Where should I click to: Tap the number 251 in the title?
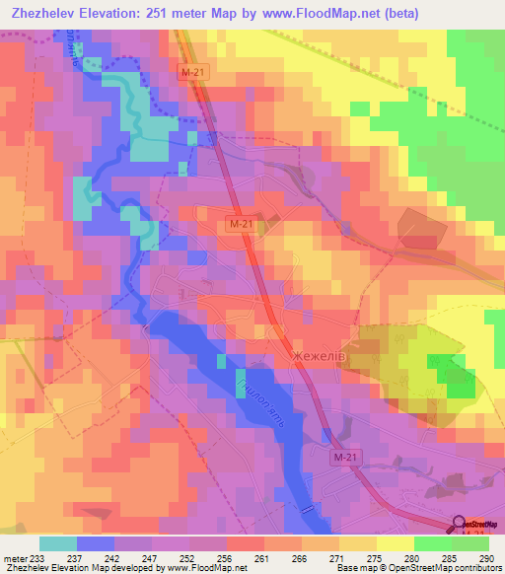168,13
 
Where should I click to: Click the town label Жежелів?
319,354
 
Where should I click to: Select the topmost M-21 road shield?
194,73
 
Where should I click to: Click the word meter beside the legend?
15,558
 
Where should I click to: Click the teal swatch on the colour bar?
58,542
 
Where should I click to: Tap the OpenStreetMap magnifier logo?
460,525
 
